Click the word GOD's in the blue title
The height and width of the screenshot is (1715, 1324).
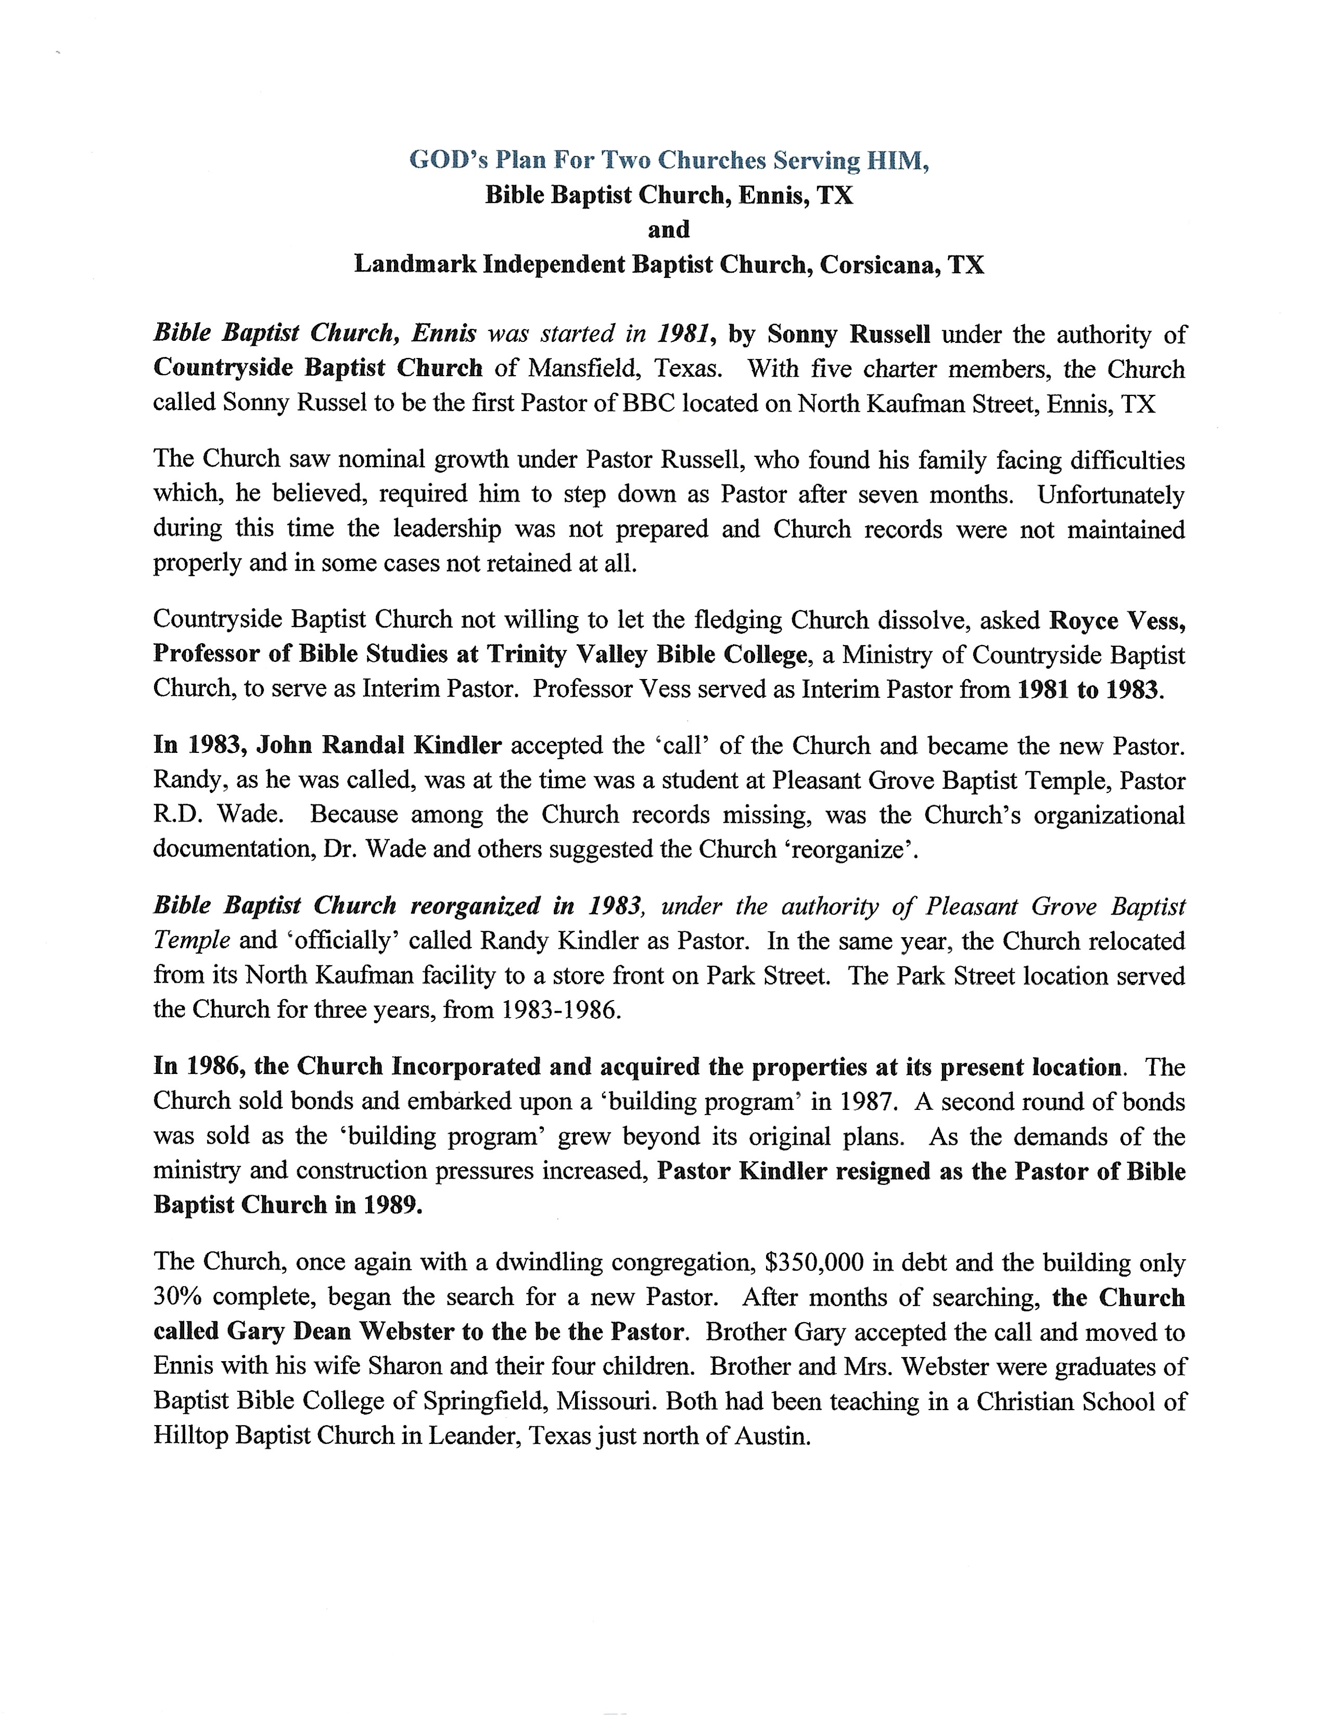coord(446,160)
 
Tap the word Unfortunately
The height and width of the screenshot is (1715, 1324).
coord(1111,495)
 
